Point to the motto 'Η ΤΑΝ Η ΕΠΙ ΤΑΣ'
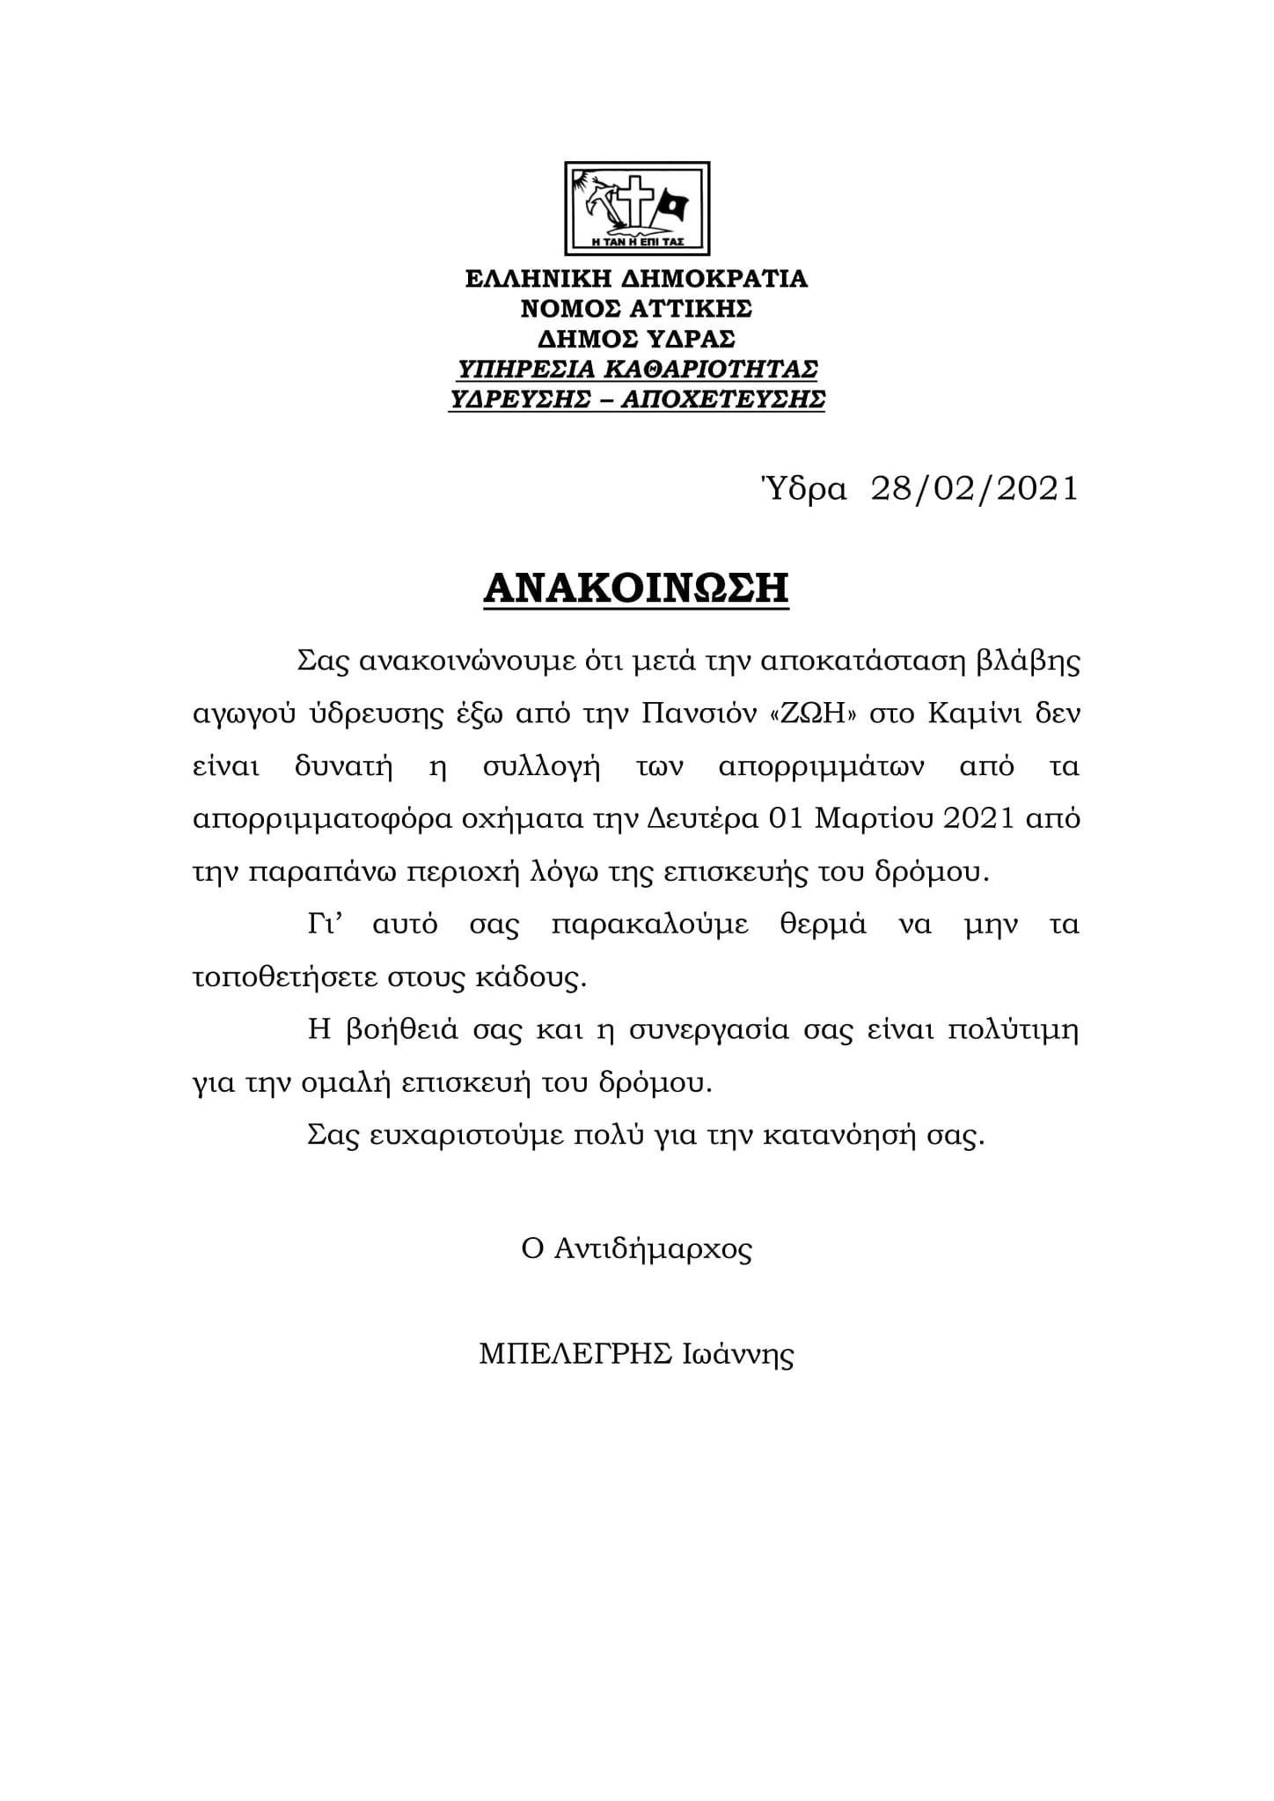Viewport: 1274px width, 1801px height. click(638, 240)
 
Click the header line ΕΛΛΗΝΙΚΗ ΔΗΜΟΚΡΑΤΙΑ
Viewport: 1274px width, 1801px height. click(636, 280)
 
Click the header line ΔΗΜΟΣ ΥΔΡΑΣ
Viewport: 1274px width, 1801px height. click(636, 340)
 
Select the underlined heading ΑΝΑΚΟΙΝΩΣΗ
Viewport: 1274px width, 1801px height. click(636, 589)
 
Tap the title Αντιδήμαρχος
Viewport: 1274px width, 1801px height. click(653, 1250)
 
